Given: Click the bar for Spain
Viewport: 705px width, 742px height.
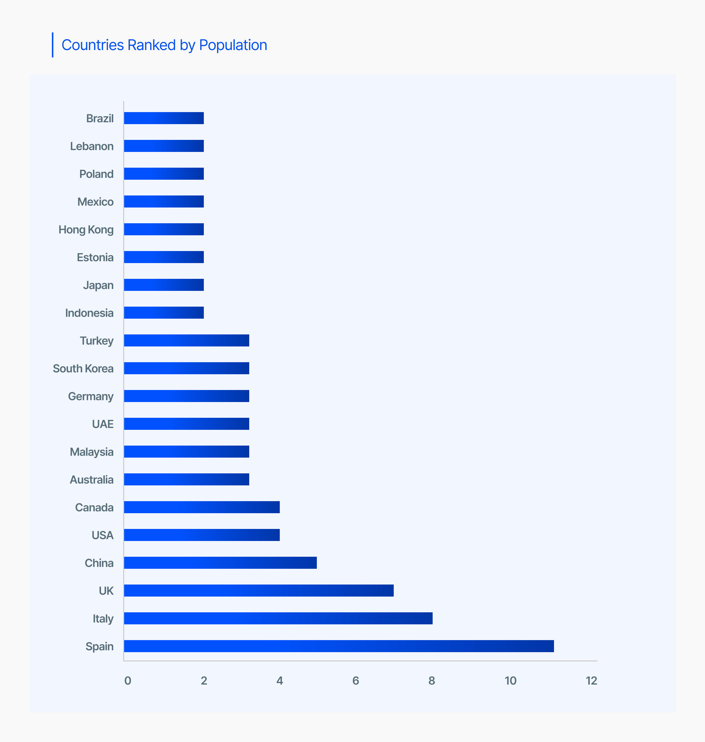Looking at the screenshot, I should (339, 646).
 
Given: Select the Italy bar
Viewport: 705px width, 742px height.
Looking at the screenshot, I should (278, 618).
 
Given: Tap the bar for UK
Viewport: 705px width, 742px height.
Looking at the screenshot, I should (258, 591).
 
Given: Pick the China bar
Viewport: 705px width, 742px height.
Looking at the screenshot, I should (220, 563).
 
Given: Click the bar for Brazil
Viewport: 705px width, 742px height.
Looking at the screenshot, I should (164, 118).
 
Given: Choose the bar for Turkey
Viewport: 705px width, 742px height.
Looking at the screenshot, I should (186, 340).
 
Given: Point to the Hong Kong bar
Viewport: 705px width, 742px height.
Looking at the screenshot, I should (164, 229).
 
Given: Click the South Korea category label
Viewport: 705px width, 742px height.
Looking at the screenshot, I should (83, 368).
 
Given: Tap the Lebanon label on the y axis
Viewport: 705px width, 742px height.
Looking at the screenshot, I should (92, 146).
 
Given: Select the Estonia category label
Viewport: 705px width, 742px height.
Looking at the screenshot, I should (95, 257).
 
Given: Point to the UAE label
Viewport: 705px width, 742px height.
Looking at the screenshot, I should (103, 424).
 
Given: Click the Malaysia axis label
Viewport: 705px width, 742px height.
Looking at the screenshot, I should (92, 452).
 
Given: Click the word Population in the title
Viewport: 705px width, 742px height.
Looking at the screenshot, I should (233, 45).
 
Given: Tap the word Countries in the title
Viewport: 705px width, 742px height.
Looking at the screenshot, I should (92, 45).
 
